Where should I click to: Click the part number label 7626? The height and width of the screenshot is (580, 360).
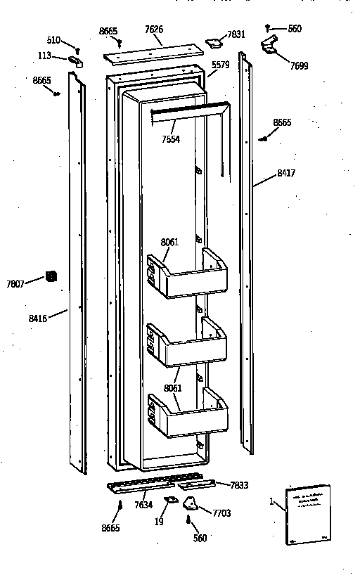(x=154, y=30)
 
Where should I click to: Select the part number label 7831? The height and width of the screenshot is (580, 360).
(x=236, y=34)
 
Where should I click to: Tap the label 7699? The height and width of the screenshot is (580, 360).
(x=298, y=66)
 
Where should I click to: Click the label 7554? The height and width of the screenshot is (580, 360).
(x=170, y=139)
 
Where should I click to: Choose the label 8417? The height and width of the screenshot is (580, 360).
(x=285, y=172)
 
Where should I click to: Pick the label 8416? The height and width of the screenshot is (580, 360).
(x=38, y=318)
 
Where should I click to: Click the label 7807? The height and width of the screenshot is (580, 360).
(x=15, y=284)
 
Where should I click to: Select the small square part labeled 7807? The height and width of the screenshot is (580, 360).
(x=51, y=276)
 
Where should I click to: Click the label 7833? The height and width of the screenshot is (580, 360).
(x=240, y=484)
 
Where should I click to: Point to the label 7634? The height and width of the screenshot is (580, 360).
(x=143, y=505)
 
